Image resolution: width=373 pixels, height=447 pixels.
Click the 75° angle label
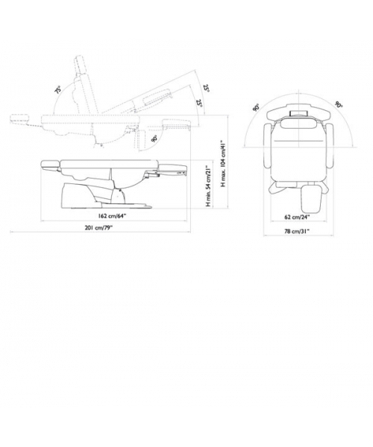[58, 90]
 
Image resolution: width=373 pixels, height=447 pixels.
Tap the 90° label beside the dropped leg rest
[154, 139]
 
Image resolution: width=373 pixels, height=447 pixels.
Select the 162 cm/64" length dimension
[112, 216]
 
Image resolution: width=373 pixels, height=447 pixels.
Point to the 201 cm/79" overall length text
[98, 227]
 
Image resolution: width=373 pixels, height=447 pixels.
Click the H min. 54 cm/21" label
[209, 186]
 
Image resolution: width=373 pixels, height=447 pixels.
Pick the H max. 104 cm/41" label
[224, 163]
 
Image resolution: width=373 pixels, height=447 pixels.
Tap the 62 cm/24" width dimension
[297, 217]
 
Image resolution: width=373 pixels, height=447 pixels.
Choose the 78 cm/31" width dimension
[297, 232]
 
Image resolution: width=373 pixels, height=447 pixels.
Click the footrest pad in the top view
[311, 199]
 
